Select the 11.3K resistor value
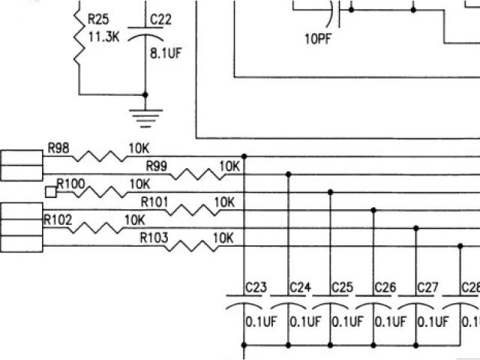pyautogui.click(x=103, y=32)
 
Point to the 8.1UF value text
pyautogui.click(x=165, y=53)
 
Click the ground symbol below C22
pyautogui.click(x=145, y=113)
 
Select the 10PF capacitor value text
pyautogui.click(x=318, y=40)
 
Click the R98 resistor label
pyautogui.click(x=58, y=148)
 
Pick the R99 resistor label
pyautogui.click(x=157, y=166)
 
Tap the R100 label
pyautogui.click(x=71, y=183)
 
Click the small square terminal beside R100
pyautogui.click(x=50, y=191)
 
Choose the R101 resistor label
pyautogui.click(x=155, y=201)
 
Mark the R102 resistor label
pyautogui.click(x=58, y=220)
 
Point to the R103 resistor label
pyautogui.click(x=155, y=238)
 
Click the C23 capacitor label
pyautogui.click(x=256, y=287)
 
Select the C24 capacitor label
pyautogui.click(x=299, y=287)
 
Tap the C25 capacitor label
pyautogui.click(x=342, y=287)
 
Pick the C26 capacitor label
pyautogui.click(x=385, y=287)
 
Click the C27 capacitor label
pyautogui.click(x=427, y=287)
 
